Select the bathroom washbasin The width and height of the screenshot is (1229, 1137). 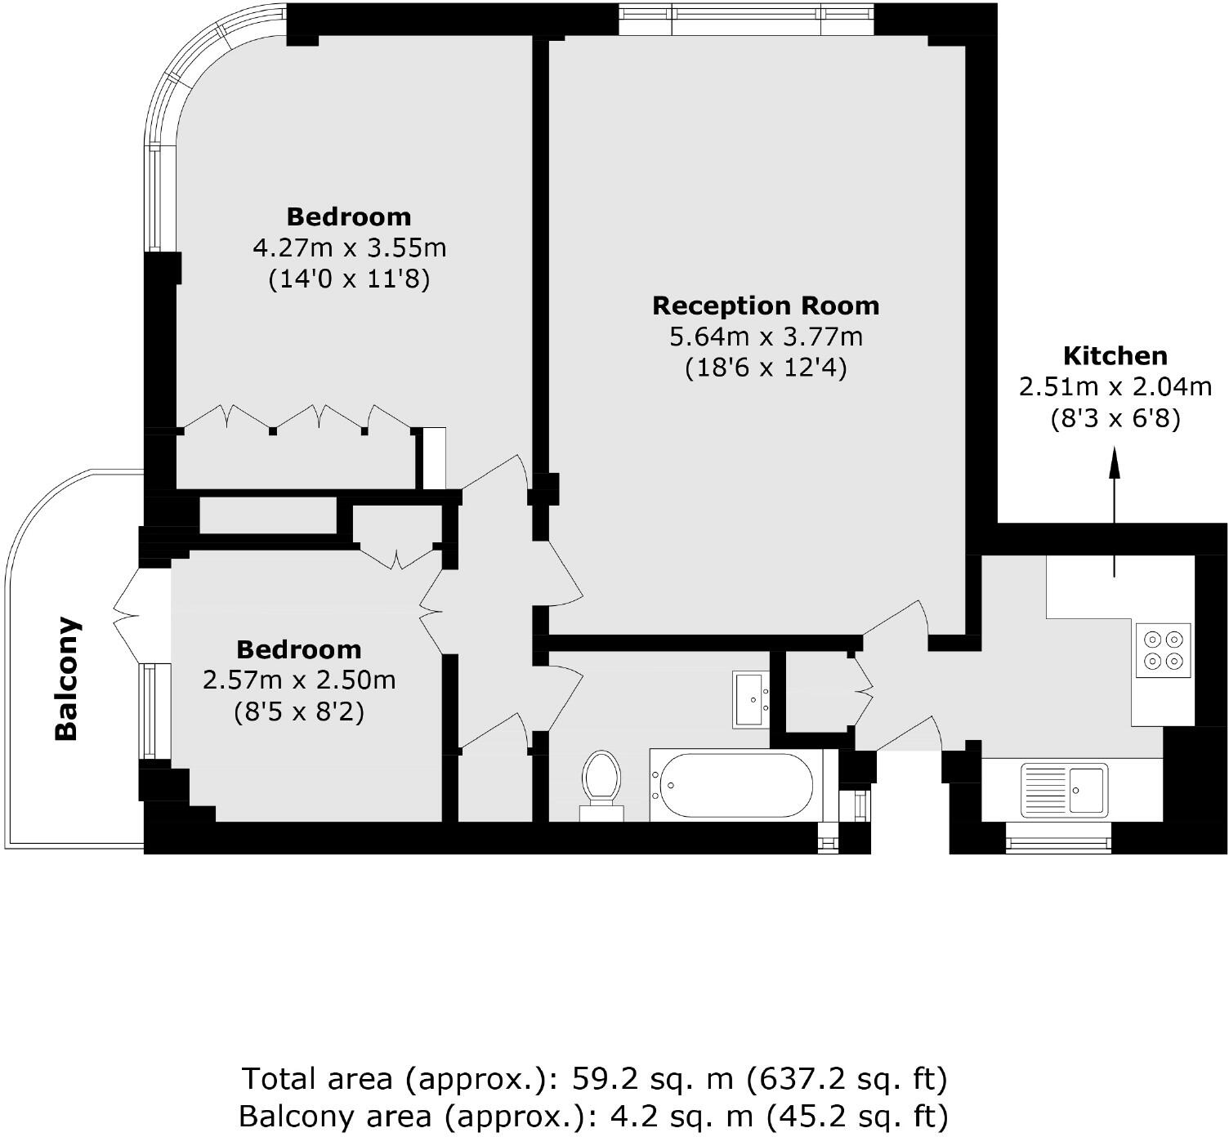point(751,699)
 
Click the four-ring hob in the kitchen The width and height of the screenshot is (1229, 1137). point(1163,650)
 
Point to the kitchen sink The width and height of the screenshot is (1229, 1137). point(1065,790)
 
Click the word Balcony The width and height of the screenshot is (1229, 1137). point(66,678)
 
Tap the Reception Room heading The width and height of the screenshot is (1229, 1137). point(766,305)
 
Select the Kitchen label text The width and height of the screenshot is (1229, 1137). point(1115,355)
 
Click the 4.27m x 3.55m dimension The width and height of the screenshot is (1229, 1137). point(349,247)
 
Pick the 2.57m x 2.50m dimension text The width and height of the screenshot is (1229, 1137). point(299,680)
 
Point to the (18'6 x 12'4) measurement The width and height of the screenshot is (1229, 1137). point(766,368)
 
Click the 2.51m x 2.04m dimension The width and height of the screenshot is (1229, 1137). point(1115,386)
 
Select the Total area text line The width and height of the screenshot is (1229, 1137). point(594,1079)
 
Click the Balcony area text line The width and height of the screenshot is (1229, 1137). point(594,1115)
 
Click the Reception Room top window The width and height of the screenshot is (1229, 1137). point(745,20)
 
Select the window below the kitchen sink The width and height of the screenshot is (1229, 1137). point(1058,838)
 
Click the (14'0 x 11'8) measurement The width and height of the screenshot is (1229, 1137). point(349,279)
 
